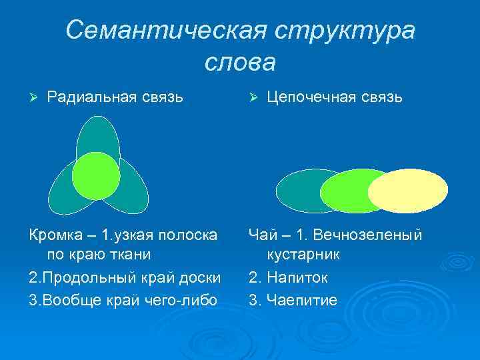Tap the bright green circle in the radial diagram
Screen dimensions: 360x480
96,176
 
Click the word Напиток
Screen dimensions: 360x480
297,277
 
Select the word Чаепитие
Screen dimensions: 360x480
302,299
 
